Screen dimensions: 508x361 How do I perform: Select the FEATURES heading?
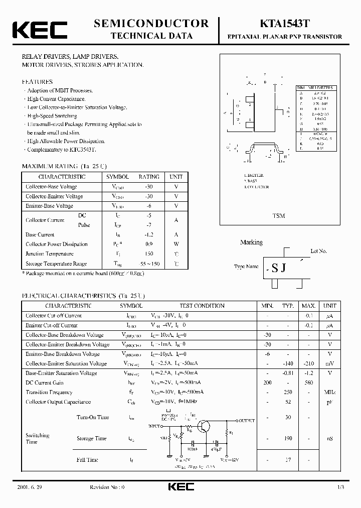pos(37,81)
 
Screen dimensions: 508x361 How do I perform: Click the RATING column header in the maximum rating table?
pos(149,177)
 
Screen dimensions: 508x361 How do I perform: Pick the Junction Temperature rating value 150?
pos(149,254)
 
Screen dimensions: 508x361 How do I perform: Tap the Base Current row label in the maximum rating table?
pos(40,234)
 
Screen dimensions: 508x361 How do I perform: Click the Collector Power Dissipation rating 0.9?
pos(149,244)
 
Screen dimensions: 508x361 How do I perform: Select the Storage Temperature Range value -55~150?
pos(149,264)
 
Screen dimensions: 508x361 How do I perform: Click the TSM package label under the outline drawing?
pos(279,216)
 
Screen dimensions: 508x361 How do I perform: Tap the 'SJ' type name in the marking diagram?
pos(279,268)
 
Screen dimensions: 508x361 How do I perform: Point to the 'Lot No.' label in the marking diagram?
pos(319,250)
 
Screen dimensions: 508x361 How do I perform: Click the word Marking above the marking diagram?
pos(251,242)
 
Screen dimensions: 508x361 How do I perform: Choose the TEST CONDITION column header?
pos(202,306)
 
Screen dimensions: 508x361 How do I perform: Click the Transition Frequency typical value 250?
pos(287,392)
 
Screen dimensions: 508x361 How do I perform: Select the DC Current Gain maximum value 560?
pos(308,383)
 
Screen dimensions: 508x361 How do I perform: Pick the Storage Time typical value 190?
pos(287,438)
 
